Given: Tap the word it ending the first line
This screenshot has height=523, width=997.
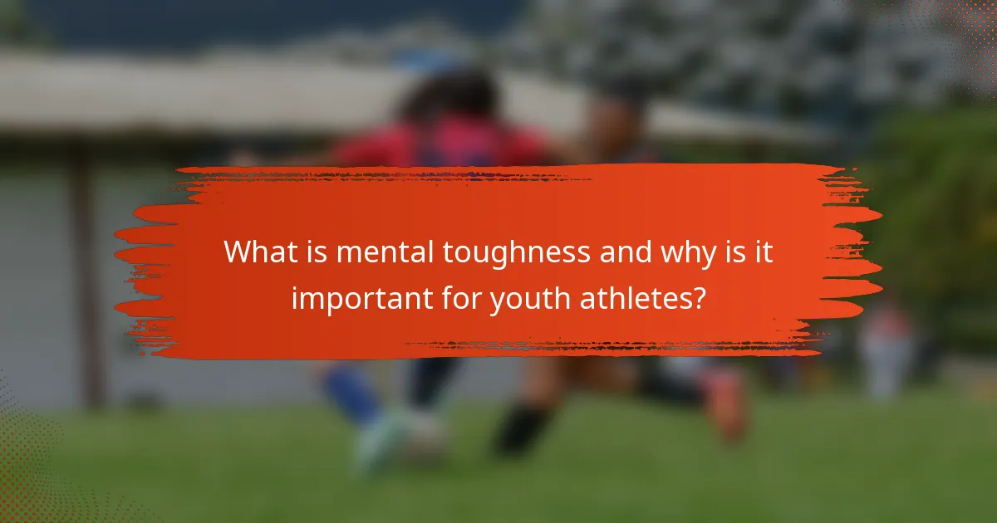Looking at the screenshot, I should click(x=763, y=252).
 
